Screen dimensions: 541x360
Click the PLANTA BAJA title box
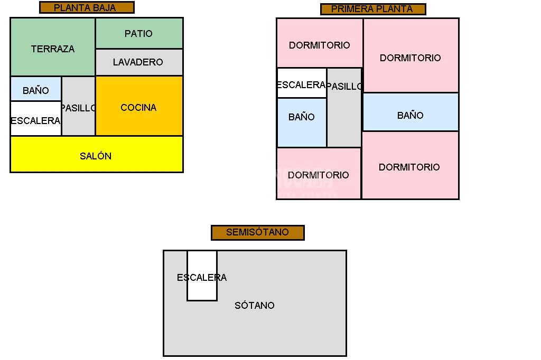(87, 7)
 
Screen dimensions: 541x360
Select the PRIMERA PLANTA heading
(372, 9)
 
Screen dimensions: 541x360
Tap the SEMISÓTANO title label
(257, 232)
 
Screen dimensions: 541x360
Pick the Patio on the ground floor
(139, 33)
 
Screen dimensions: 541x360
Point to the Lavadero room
(139, 62)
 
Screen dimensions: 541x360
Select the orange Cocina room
(139, 107)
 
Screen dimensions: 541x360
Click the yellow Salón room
(96, 155)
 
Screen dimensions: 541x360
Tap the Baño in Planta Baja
(35, 89)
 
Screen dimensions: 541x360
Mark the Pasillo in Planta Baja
(78, 107)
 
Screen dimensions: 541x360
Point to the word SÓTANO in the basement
(255, 305)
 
